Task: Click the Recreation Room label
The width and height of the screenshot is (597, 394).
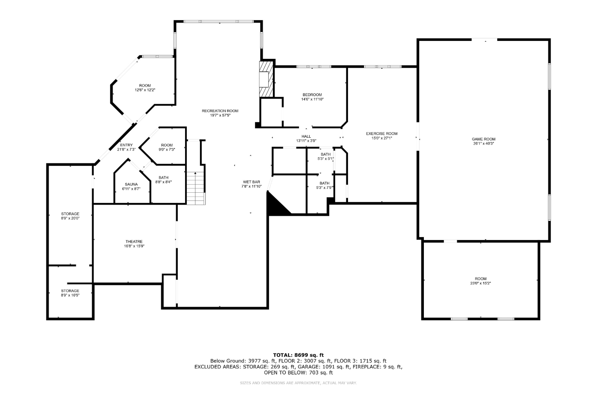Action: point(220,111)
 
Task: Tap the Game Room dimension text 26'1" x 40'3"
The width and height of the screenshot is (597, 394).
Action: point(484,144)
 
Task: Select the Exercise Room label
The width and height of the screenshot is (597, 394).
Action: point(382,133)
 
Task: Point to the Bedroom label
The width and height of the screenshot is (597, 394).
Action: point(312,95)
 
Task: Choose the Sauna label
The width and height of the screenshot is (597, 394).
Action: point(131,184)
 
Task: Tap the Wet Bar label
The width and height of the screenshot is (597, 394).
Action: point(252,182)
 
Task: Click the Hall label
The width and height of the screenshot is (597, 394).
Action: point(306,136)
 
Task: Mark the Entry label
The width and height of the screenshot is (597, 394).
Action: point(126,145)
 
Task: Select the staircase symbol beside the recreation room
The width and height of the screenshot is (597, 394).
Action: point(196,188)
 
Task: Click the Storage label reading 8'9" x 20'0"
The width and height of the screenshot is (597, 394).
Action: point(70,214)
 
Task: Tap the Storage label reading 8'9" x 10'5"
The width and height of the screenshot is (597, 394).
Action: point(70,291)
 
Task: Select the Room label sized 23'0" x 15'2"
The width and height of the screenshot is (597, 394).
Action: point(481,279)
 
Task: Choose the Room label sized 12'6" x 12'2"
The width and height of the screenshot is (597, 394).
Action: point(145,86)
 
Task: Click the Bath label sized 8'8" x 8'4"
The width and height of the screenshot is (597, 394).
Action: point(163,178)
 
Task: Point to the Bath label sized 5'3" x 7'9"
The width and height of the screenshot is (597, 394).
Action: point(325,183)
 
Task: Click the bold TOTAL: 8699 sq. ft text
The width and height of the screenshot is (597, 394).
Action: point(298,355)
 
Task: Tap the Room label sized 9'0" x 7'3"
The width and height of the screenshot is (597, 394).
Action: point(167,145)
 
